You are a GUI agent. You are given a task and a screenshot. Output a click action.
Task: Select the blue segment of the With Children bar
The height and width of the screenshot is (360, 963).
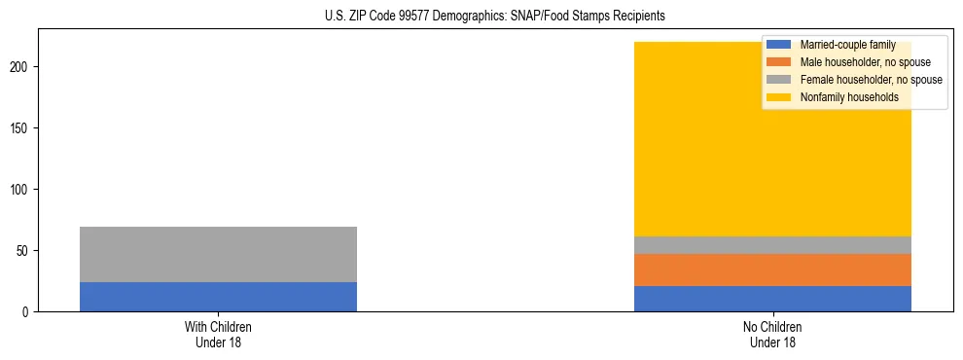(218, 297)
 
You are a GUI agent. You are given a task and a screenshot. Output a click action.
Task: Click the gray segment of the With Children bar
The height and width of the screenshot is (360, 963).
(218, 254)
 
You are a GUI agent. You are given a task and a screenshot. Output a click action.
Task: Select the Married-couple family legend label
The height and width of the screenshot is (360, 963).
(847, 45)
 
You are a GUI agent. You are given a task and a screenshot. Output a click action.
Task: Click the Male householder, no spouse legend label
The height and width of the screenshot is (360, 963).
(865, 62)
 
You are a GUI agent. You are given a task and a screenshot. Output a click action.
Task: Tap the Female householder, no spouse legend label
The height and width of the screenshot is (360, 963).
(871, 80)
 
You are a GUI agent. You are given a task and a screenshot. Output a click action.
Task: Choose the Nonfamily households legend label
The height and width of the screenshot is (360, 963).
(849, 97)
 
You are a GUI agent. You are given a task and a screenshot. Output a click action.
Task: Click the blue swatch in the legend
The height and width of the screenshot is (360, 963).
(779, 45)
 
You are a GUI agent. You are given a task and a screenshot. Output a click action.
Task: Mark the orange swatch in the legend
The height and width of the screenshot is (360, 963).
(779, 62)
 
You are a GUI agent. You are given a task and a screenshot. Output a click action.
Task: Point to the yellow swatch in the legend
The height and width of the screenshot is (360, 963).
(779, 97)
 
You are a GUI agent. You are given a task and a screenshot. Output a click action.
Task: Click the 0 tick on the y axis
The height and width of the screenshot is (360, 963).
(28, 312)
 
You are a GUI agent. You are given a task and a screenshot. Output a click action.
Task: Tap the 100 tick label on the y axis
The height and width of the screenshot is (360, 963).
(22, 190)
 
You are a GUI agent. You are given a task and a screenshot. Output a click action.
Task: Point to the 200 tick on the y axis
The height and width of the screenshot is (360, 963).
(22, 67)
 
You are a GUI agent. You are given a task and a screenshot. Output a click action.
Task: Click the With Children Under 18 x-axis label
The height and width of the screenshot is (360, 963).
(218, 335)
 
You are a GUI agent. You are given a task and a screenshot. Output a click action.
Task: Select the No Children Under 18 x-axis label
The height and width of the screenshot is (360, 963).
(772, 335)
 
